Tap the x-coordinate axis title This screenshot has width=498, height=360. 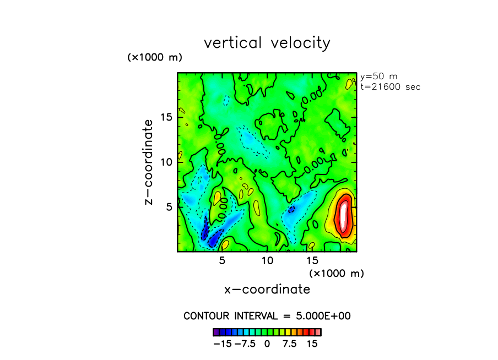click(x=267, y=289)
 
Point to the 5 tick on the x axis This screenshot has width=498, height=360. click(x=222, y=260)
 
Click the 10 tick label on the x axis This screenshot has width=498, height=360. click(x=267, y=260)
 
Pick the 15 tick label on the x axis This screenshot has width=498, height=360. click(x=312, y=260)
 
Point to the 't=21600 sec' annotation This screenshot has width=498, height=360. click(x=390, y=86)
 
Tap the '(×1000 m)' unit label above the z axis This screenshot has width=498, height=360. click(x=155, y=57)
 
